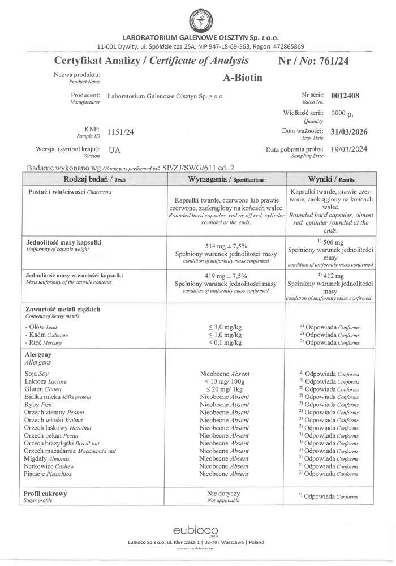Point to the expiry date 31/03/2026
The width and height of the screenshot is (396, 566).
point(348,132)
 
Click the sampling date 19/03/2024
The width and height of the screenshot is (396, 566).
point(348,151)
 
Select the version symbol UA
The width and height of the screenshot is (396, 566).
point(114,151)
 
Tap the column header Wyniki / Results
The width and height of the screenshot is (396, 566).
point(331,179)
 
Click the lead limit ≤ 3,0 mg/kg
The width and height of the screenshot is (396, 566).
point(225,328)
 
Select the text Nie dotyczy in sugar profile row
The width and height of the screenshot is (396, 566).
point(225,494)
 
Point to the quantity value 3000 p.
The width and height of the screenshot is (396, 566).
point(342,114)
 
